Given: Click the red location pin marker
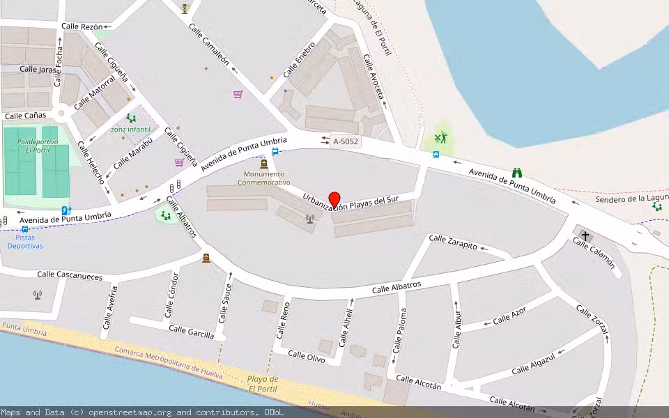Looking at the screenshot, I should tap(334, 199).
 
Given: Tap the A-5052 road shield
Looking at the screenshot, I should tap(346, 141).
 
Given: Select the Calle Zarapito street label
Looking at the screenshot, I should tap(453, 242).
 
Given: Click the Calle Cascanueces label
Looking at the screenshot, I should tap(70, 276).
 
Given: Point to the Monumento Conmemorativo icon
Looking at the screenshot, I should tap(263, 164).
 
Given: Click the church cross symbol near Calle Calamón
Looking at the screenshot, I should tap(585, 235).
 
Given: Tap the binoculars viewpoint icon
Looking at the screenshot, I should tap(517, 172).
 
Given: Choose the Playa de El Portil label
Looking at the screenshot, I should tap(263, 384).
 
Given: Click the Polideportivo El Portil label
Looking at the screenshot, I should tap(33, 146).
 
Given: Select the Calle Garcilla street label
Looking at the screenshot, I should tap(192, 332).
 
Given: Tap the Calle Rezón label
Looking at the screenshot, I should tap(82, 26).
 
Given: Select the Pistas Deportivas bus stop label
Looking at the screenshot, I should tap(25, 242).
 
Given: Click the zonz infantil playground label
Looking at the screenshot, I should tap(130, 130).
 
